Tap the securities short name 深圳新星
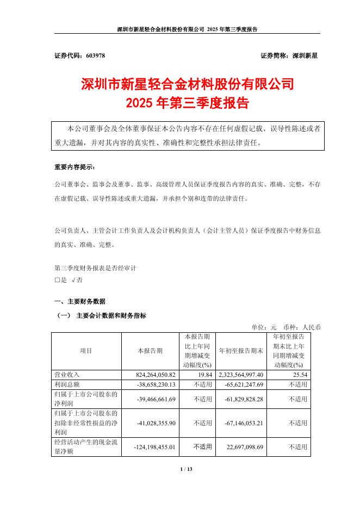pos(305,56)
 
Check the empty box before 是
pos(58,280)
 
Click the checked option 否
pos(79,280)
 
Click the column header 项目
pos(86,351)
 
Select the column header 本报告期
pos(150,351)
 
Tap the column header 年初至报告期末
pos(241,351)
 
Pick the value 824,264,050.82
pos(156,375)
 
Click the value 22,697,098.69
pos(244,447)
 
